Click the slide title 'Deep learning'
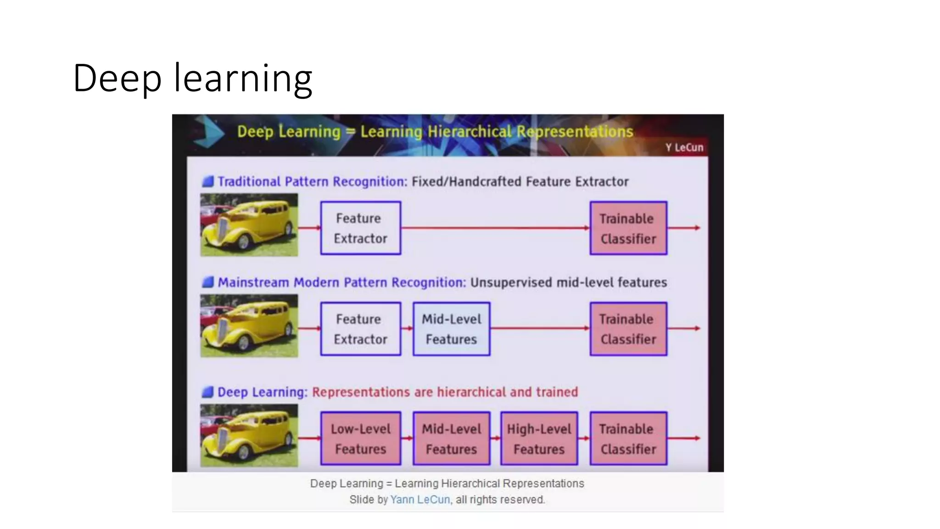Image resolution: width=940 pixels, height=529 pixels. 192,78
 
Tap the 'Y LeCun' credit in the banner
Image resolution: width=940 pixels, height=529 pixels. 684,147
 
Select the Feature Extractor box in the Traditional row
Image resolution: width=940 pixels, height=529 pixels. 360,228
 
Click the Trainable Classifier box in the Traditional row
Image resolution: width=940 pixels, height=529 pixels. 628,228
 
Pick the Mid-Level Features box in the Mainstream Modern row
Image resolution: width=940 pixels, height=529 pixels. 451,329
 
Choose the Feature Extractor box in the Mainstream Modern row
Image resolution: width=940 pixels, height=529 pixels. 360,329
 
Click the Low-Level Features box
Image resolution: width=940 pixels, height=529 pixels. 360,439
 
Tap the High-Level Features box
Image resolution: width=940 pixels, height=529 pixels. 539,439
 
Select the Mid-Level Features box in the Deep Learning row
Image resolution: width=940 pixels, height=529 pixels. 451,439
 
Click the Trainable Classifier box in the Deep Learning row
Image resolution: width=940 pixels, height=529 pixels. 628,439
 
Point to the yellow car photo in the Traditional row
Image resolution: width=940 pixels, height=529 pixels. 249,225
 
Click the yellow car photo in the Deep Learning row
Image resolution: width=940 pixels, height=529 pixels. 249,435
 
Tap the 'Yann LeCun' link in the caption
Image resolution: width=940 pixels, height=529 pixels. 420,500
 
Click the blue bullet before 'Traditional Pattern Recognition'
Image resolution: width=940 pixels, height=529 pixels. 208,181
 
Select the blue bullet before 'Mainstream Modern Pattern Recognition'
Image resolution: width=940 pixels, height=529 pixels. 208,282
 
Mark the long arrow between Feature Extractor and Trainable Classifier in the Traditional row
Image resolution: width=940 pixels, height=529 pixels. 495,228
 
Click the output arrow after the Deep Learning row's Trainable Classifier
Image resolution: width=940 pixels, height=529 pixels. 684,438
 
